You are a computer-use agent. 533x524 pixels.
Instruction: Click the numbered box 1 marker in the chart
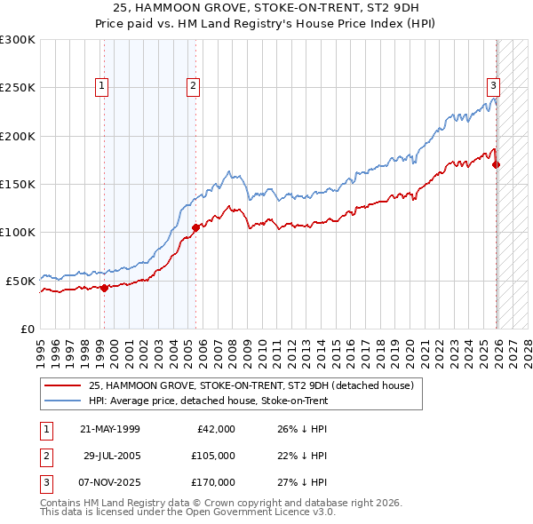point(103,86)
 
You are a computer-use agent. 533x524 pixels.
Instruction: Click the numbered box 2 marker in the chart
point(193,86)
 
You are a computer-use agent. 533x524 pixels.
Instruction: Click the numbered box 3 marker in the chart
point(492,86)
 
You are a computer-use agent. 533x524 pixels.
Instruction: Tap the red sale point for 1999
point(104,288)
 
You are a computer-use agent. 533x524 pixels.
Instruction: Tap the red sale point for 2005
point(195,227)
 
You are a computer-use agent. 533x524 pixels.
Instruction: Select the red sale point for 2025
point(496,164)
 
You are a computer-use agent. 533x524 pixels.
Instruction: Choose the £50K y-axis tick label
point(20,281)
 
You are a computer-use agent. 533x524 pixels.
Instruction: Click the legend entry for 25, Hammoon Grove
point(251,385)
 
